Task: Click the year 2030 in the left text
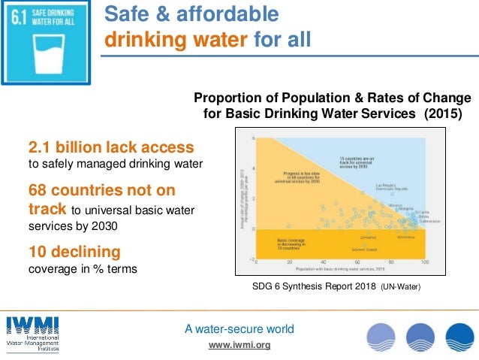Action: [x=106, y=225]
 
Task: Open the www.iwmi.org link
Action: [x=239, y=345]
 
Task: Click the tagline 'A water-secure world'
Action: [x=239, y=329]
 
